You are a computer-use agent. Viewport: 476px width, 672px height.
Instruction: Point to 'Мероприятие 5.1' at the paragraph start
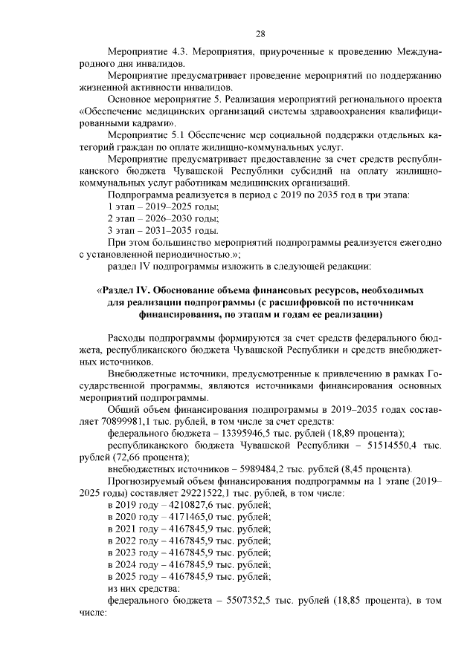(147, 137)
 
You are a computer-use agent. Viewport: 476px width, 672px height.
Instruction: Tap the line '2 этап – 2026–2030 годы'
(163, 218)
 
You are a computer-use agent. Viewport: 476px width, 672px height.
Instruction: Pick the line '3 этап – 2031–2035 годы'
(163, 231)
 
